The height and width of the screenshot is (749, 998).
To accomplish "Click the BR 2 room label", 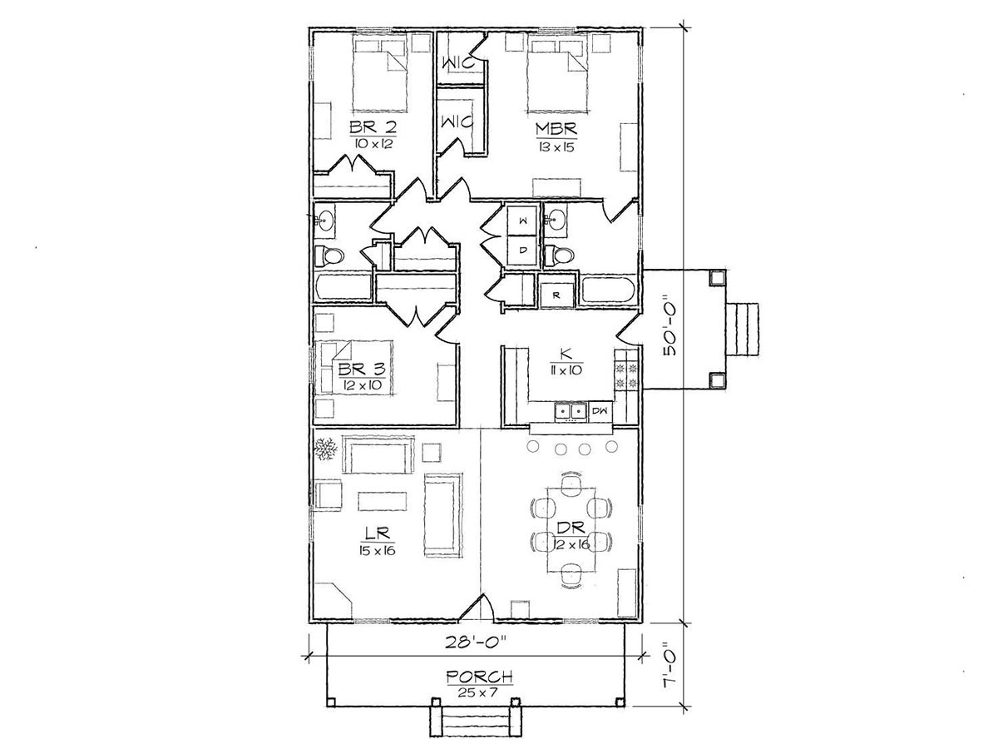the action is coord(373,126).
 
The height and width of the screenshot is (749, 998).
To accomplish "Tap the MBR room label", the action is coord(556,129).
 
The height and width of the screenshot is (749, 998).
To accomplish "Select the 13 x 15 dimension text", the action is coord(556,148).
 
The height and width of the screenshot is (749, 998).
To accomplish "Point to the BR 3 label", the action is coord(362,369).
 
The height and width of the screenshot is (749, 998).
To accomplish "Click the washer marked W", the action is coord(523,221).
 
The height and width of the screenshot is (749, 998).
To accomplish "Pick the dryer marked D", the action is coord(523,250).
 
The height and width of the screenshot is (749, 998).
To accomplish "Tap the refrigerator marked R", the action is coord(556,294).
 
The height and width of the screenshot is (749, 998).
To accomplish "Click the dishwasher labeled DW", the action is coord(600,411).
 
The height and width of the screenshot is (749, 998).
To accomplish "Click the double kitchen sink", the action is coord(571,411).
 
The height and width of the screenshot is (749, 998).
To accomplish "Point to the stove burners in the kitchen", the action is coord(626,374).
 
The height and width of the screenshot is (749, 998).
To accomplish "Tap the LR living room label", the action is coord(378,532).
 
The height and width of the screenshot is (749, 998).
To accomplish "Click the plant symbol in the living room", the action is coord(325,449).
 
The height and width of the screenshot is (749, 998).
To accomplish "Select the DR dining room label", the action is coord(571,528).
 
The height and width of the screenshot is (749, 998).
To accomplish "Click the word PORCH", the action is coord(480,677).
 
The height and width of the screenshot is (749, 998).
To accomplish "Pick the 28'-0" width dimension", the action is coord(476,643).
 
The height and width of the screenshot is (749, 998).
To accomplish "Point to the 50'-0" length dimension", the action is coord(670,330).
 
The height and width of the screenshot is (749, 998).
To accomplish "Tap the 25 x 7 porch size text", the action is coord(479,692).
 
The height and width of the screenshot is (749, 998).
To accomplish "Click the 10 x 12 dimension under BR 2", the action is coord(373,144).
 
